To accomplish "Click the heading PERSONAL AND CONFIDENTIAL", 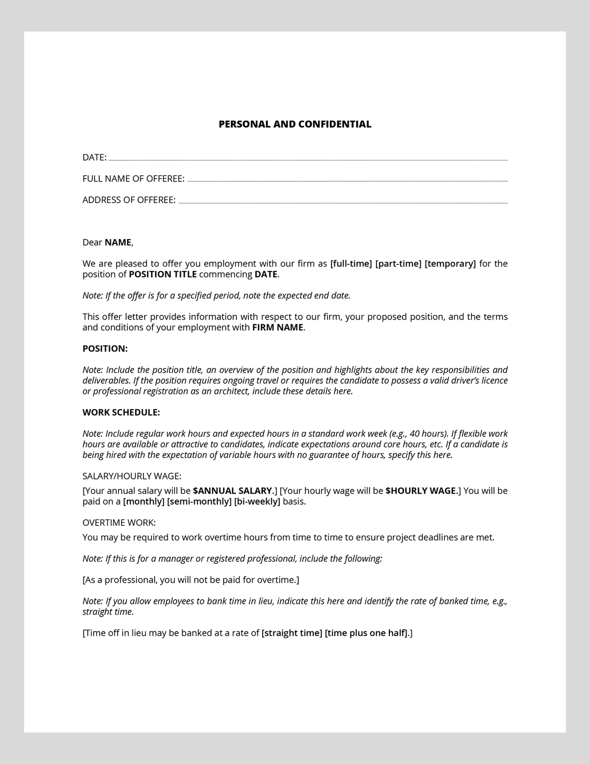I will pyautogui.click(x=295, y=124).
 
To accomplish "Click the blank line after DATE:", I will pyautogui.click(x=308, y=159).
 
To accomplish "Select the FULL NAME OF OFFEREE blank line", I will pyautogui.click(x=347, y=181).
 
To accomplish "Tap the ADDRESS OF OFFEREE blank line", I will pyautogui.click(x=343, y=202).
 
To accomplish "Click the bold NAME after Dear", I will pyautogui.click(x=118, y=243).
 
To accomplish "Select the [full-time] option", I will pyautogui.click(x=351, y=264).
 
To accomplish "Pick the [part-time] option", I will pyautogui.click(x=398, y=264).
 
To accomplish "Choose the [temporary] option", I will pyautogui.click(x=450, y=264).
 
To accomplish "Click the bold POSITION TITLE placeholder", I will pyautogui.click(x=163, y=275).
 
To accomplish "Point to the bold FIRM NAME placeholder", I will pyautogui.click(x=277, y=328).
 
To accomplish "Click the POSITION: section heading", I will pyautogui.click(x=105, y=349).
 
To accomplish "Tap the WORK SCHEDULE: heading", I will pyautogui.click(x=121, y=412).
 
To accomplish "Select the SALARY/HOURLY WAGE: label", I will pyautogui.click(x=132, y=476).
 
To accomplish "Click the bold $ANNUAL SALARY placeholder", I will pyautogui.click(x=233, y=491).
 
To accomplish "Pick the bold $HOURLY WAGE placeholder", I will pyautogui.click(x=421, y=491).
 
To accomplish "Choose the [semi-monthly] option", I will pyautogui.click(x=199, y=502).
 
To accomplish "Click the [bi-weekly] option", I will pyautogui.click(x=257, y=502).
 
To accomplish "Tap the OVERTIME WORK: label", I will pyautogui.click(x=119, y=522).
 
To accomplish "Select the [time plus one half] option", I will pyautogui.click(x=366, y=633).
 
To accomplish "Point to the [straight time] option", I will pyautogui.click(x=292, y=633).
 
